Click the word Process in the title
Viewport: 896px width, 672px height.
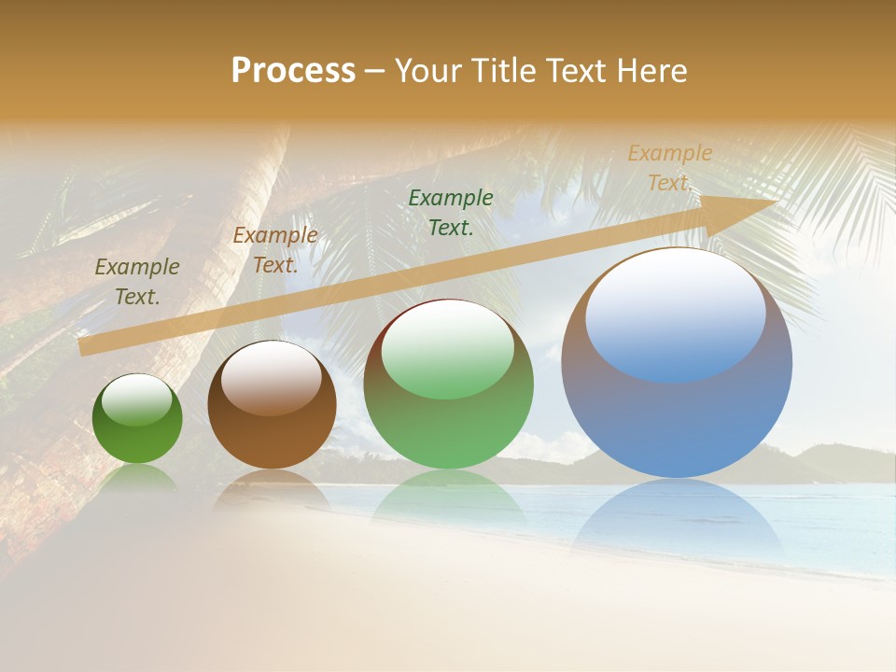point(293,71)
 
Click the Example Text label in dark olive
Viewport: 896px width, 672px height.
point(137,281)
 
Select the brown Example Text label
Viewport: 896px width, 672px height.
point(275,249)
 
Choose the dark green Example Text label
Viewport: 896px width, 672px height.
point(451,212)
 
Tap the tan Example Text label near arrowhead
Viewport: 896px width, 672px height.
point(669,168)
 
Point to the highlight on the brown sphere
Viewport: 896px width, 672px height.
point(272,377)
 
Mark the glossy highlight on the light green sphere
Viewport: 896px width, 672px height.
point(448,350)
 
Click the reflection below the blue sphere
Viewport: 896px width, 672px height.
point(676,513)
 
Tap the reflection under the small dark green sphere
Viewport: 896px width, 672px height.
point(137,478)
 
